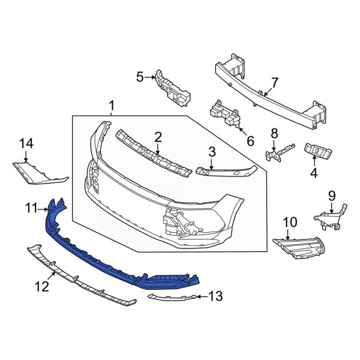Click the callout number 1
tap(112, 107)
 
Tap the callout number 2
tap(158, 137)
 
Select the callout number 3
tap(212, 152)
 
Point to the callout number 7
tap(275, 82)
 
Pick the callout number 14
tap(26, 143)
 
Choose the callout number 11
tap(31, 208)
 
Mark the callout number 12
tap(41, 287)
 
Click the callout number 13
tap(216, 296)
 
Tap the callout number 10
tap(290, 223)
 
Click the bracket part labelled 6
tap(225, 116)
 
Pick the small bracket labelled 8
tap(277, 153)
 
